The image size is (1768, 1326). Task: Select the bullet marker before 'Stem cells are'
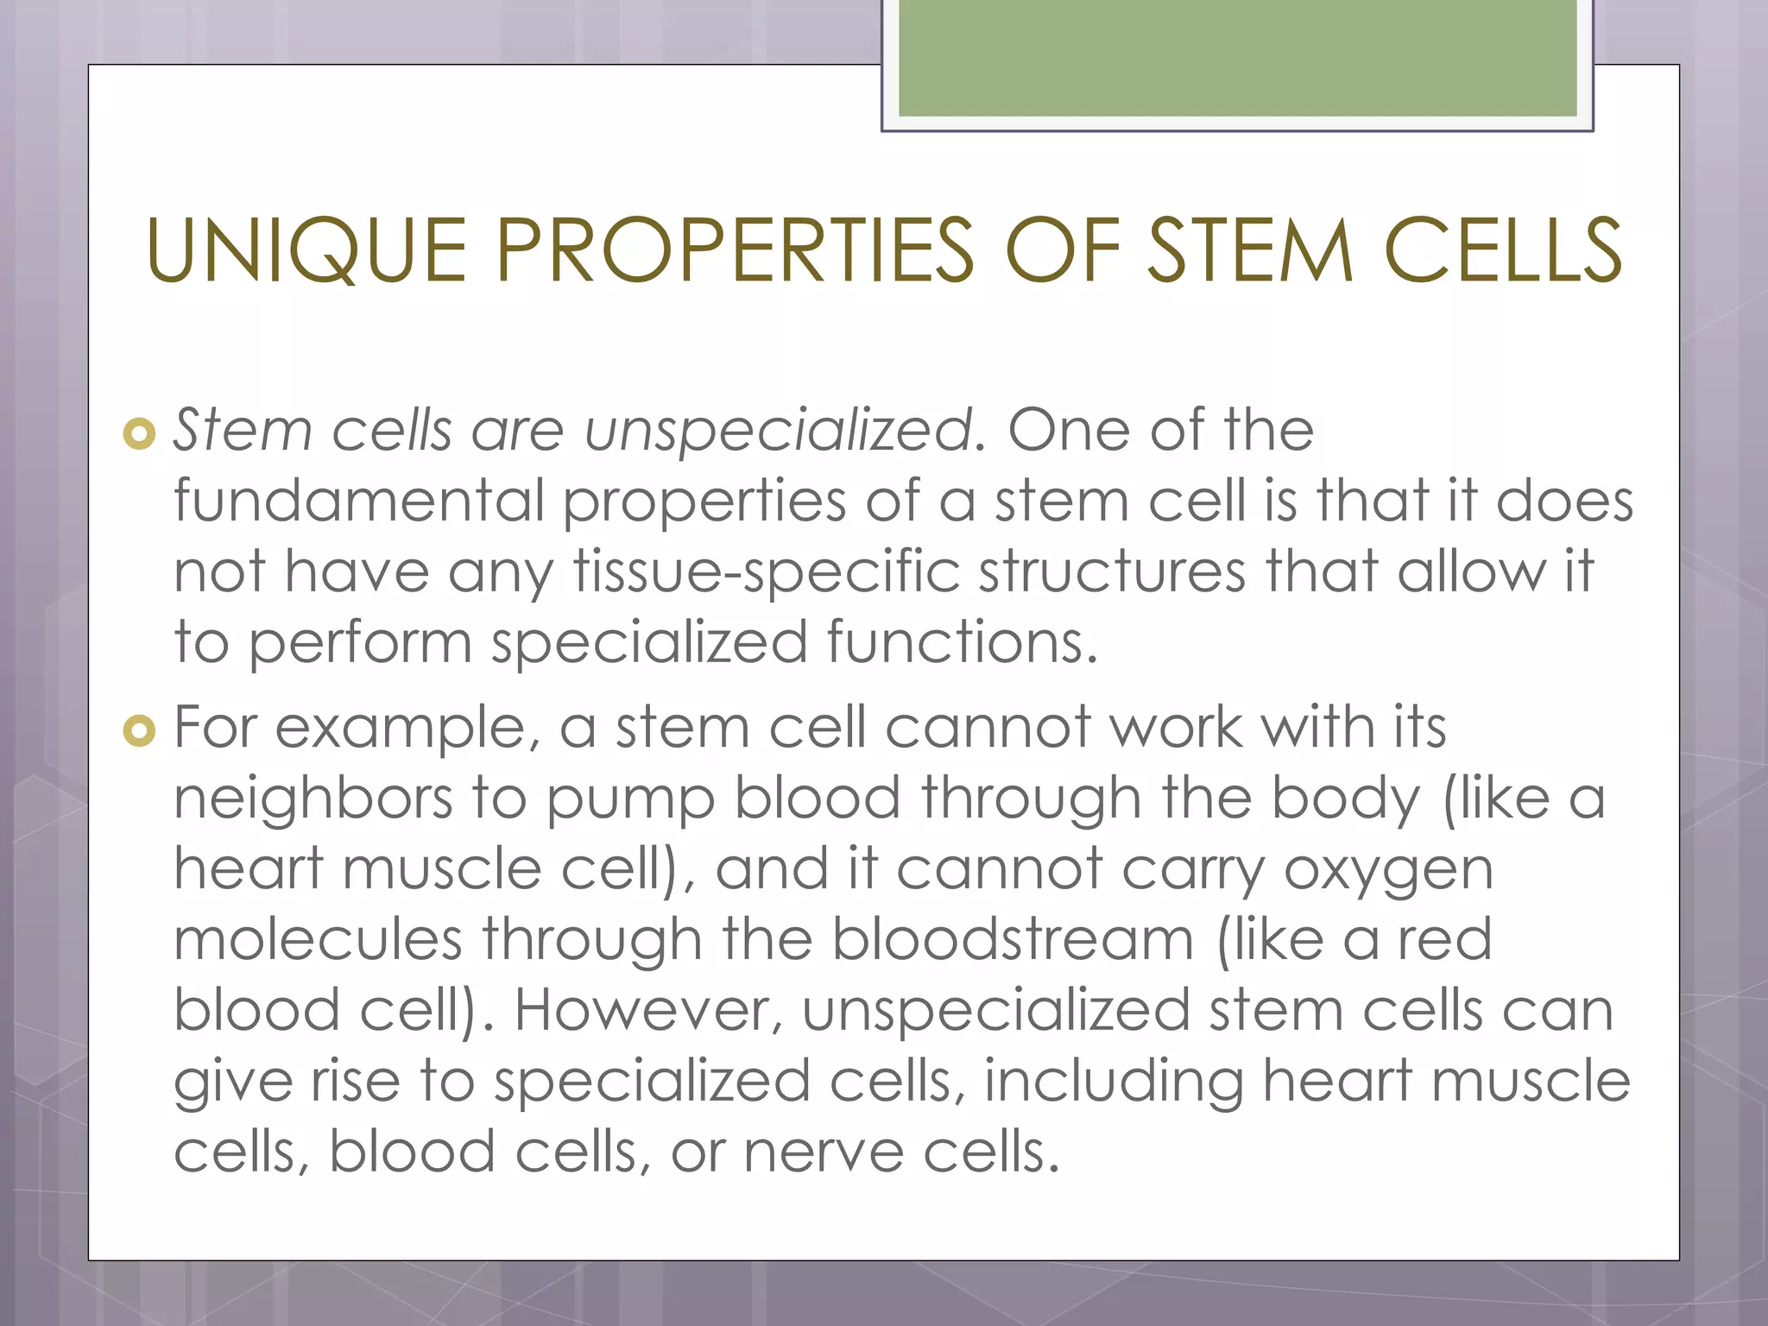click(x=139, y=434)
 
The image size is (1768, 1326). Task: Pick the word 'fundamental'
click(x=360, y=501)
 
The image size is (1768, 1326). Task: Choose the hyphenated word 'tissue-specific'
click(x=767, y=572)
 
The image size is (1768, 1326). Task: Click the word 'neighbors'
click(x=313, y=798)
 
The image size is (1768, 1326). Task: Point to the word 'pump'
click(x=630, y=799)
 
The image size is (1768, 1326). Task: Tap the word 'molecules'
click(x=318, y=939)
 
